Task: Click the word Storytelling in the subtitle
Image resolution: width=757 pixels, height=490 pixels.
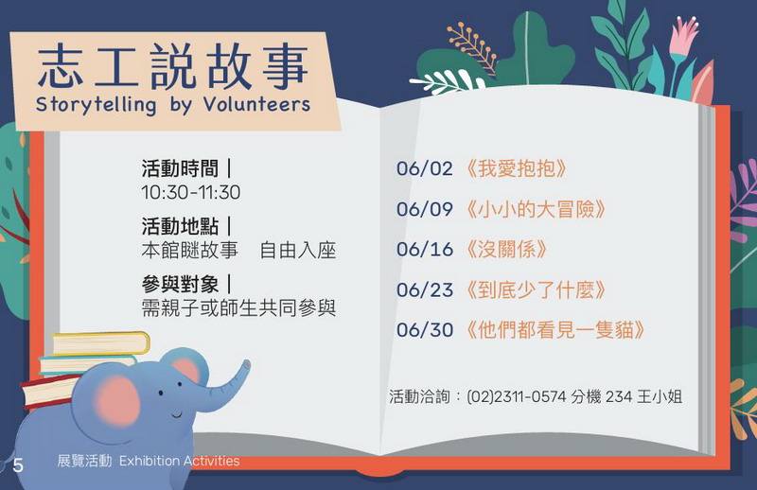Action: coord(97,105)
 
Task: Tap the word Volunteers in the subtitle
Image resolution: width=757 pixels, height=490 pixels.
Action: coord(256,103)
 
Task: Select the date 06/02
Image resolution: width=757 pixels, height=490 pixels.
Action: coord(425,168)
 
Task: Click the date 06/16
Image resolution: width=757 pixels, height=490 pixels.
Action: coord(425,249)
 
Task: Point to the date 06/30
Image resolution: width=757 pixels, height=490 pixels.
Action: coord(425,330)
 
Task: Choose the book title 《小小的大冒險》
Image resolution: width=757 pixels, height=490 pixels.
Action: coord(536,209)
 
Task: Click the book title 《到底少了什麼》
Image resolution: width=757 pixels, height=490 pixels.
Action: coord(536,289)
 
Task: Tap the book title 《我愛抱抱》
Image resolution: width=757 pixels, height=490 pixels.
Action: coord(516,168)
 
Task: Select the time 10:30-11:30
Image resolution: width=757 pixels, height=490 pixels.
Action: coord(191,192)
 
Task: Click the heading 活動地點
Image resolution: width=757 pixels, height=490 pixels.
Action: coord(180,226)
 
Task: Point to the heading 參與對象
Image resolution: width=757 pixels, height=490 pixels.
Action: coord(180,285)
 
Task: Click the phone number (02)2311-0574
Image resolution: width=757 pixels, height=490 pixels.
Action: coord(516,397)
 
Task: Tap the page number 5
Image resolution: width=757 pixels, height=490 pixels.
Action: coord(18,464)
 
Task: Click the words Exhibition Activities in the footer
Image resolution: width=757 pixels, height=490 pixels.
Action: coord(179,461)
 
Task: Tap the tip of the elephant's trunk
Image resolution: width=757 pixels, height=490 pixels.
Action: coord(247,364)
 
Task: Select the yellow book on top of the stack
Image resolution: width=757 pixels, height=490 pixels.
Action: coord(101,343)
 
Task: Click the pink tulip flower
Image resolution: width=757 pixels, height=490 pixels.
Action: coord(683,35)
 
